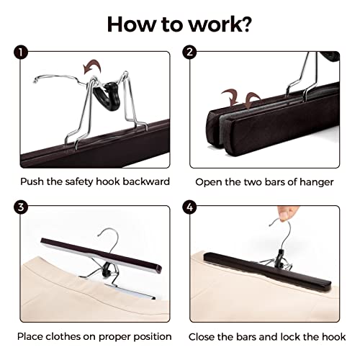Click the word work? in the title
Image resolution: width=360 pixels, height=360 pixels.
pyautogui.click(x=220, y=24)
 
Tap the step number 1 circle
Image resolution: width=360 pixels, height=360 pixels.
pyautogui.click(x=21, y=53)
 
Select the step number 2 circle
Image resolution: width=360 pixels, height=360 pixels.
pyautogui.click(x=189, y=52)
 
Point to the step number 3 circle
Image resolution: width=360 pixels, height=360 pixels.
pyautogui.click(x=21, y=207)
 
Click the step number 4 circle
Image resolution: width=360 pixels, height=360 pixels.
pyautogui.click(x=189, y=207)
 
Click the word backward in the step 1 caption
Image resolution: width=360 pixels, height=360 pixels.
pyautogui.click(x=146, y=181)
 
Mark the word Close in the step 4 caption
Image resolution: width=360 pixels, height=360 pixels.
pyautogui.click(x=201, y=337)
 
